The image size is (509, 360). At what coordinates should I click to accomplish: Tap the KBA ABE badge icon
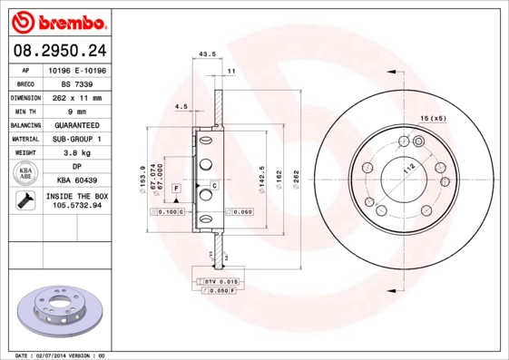[24, 174]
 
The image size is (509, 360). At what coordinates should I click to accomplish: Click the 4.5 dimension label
[181, 108]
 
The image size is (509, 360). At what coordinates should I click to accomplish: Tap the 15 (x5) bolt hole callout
[433, 119]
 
